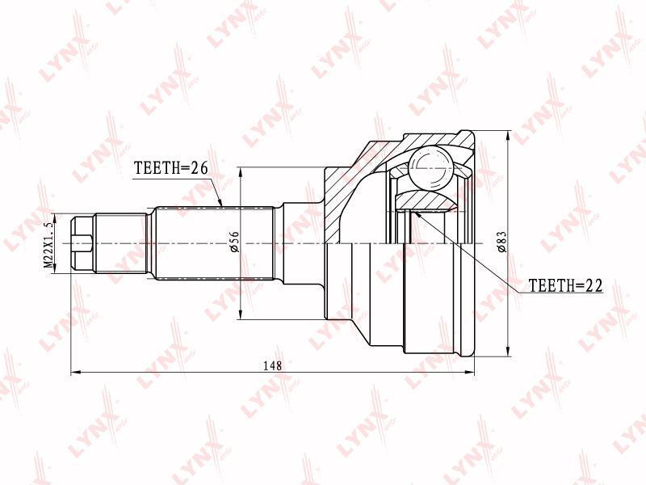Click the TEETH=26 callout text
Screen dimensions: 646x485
171,168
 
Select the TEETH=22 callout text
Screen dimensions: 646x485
565,285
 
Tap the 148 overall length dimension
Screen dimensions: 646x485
273,365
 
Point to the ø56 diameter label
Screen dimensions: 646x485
234,242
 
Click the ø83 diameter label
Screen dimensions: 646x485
501,241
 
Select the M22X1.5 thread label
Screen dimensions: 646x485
48,245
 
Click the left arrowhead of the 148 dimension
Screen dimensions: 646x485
75,372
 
